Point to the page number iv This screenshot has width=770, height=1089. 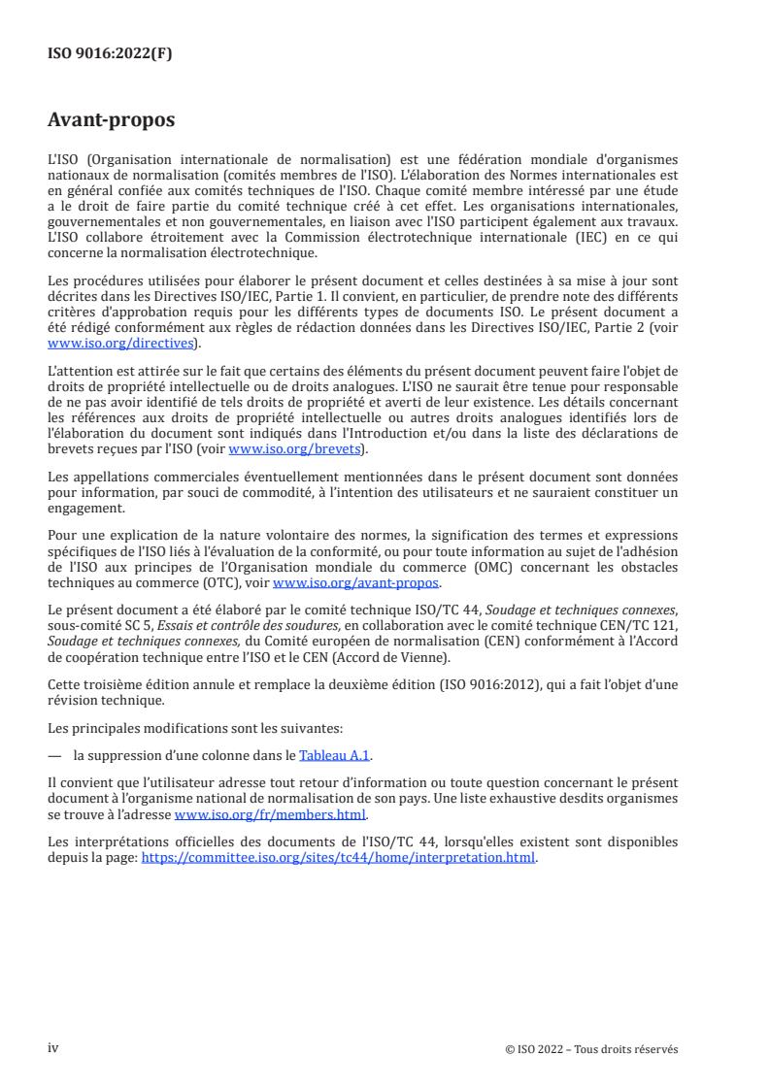click(53, 1048)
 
